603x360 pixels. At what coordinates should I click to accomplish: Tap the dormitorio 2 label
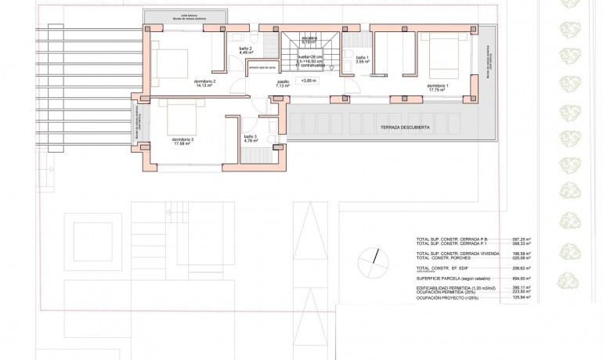(x=204, y=80)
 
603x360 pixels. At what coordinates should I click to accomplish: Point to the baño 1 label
(x=363, y=59)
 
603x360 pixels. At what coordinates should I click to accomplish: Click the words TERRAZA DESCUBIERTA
(x=405, y=127)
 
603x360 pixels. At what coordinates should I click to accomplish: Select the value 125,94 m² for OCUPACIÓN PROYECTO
(x=521, y=297)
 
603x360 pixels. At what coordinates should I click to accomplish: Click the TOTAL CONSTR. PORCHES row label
(x=450, y=258)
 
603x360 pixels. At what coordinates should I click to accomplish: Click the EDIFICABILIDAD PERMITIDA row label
(x=457, y=287)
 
